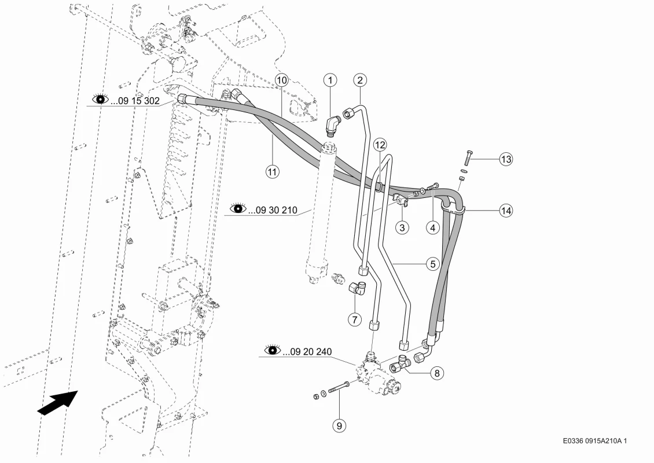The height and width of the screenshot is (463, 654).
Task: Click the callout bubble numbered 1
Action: click(330, 80)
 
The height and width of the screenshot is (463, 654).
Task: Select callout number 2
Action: click(360, 80)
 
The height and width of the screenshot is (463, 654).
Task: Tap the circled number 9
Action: click(339, 425)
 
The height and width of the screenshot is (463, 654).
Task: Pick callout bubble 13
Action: click(506, 159)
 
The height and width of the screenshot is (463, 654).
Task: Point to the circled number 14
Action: click(506, 210)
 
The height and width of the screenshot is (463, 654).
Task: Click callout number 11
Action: click(273, 171)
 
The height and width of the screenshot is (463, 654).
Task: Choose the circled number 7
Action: click(355, 319)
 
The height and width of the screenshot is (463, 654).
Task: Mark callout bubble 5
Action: click(432, 263)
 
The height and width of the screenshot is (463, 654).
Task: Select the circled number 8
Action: click(437, 373)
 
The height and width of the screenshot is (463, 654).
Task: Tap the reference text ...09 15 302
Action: click(135, 101)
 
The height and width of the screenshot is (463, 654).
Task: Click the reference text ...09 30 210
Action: click(273, 210)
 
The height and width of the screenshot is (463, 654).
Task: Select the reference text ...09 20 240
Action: click(307, 352)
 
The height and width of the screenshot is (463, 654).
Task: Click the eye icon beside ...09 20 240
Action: click(273, 350)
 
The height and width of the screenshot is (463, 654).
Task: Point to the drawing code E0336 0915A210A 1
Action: click(594, 440)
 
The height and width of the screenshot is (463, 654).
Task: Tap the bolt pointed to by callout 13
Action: click(469, 157)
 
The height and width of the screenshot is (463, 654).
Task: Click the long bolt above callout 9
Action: click(338, 388)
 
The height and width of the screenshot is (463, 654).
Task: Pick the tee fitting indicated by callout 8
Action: click(401, 363)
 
